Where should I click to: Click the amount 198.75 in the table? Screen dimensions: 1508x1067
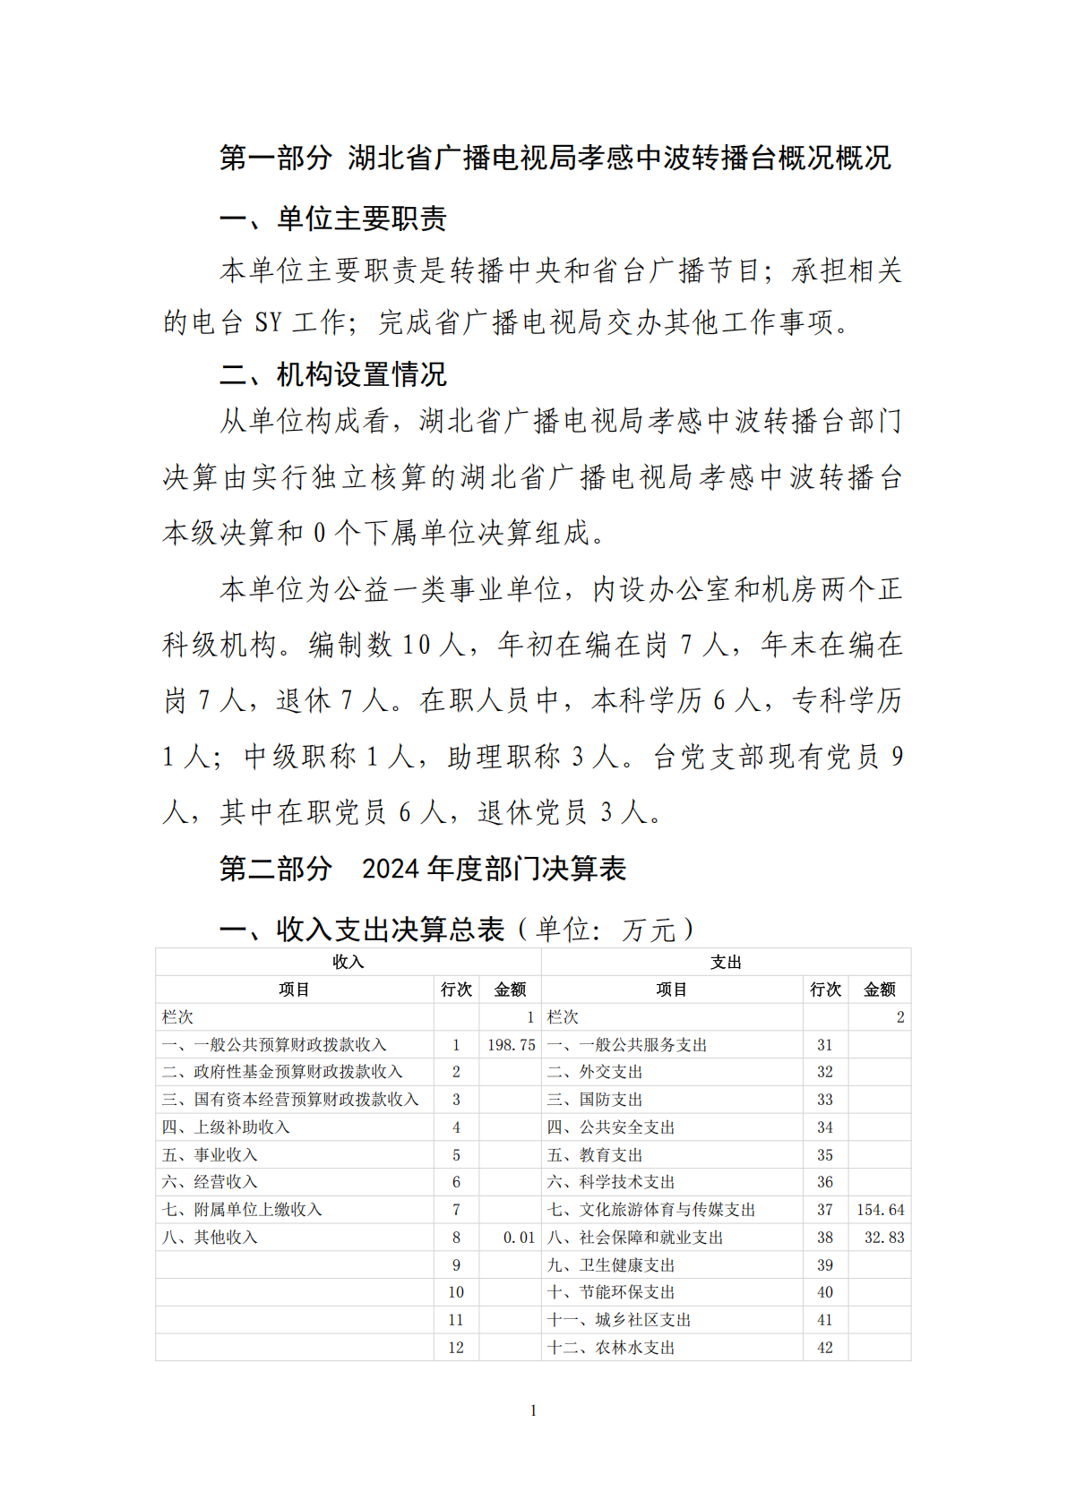[x=511, y=1044]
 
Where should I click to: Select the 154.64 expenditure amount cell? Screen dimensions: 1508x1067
[x=880, y=1210]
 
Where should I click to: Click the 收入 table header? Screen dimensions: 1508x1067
[x=348, y=962]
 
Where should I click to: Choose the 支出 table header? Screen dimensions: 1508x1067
[x=726, y=962]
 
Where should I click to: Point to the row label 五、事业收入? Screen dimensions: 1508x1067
[x=210, y=1155]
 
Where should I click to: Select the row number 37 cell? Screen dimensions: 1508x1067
[x=825, y=1210]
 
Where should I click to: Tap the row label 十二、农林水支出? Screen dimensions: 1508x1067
[x=611, y=1348]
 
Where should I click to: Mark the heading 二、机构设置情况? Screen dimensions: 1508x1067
[x=333, y=374]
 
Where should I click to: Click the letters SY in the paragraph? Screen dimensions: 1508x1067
[x=268, y=322]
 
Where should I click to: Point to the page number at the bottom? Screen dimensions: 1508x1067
[x=533, y=1410]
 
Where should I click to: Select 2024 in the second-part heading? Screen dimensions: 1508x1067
[x=391, y=869]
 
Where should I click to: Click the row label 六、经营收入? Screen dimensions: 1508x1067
[x=210, y=1182]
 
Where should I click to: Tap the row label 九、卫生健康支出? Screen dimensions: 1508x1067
[x=611, y=1265]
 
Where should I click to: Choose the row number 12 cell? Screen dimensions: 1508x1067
[x=456, y=1348]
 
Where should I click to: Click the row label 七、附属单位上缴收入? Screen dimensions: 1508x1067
[x=242, y=1210]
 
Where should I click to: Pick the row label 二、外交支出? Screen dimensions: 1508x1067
[x=595, y=1072]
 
